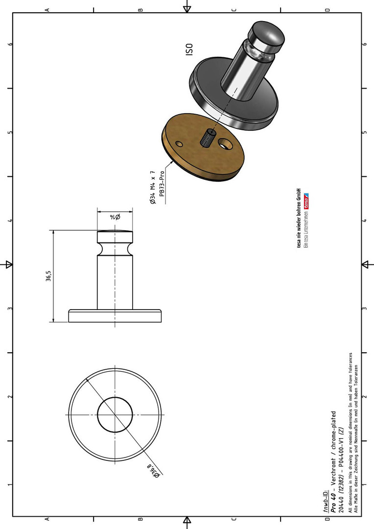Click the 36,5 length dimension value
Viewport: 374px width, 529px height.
[x=49, y=276]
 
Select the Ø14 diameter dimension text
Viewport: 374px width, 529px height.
[x=115, y=217]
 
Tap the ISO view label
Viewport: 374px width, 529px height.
[x=189, y=49]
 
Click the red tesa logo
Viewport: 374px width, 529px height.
[x=306, y=201]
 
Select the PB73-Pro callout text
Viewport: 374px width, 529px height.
[x=162, y=184]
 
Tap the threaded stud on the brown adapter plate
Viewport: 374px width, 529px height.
[x=207, y=137]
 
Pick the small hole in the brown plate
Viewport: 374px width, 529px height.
[x=179, y=144]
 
